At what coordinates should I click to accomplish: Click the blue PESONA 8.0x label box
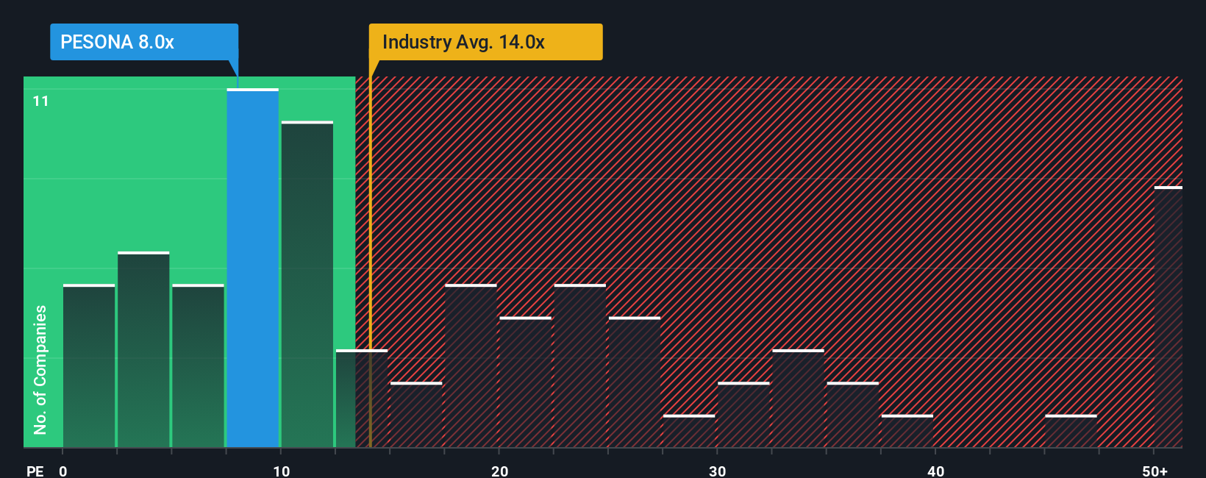(143, 42)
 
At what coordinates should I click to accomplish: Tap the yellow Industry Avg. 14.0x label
(485, 42)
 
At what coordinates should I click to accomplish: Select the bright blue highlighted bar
(253, 268)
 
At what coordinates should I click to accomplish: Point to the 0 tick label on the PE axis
(63, 471)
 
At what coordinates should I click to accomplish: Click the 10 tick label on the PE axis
(281, 471)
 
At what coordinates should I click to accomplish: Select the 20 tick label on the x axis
(499, 471)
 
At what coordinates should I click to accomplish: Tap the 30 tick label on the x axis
(717, 471)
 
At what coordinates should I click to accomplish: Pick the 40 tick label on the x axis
(935, 471)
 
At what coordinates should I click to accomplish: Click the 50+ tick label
(1155, 471)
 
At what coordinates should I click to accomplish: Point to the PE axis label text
(35, 471)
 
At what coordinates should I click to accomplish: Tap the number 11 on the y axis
(40, 101)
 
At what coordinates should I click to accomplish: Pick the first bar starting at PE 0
(89, 366)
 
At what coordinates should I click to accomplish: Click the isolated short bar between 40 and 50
(1071, 432)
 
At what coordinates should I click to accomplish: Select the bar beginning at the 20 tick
(526, 382)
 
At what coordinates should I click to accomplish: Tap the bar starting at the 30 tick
(743, 415)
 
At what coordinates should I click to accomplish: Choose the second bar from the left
(143, 350)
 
